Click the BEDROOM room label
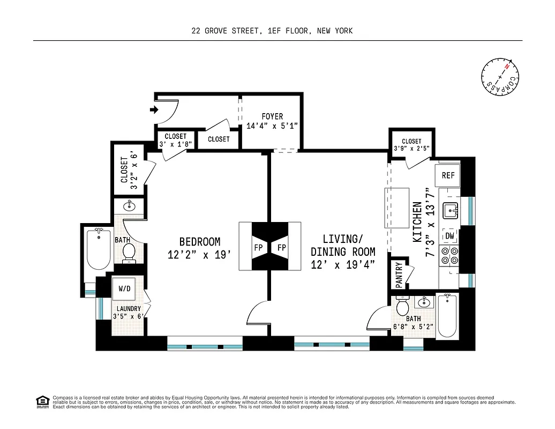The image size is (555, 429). pos(200,242)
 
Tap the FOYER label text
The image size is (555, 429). pos(272,116)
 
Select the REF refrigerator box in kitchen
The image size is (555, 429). pos(448,175)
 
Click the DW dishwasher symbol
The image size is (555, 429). pos(448,235)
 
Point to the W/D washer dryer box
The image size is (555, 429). pos(124,289)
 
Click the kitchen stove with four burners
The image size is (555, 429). pos(448,255)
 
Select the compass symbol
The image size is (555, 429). pos(500,77)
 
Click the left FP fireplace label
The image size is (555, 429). pos(259,248)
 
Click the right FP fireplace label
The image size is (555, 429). pos(281,248)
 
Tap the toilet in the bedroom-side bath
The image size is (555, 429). pos(129,252)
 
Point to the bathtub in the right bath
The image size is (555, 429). pos(446,317)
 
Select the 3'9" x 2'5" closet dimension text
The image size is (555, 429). pos(411,149)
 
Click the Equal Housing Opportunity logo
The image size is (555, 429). pos(41,401)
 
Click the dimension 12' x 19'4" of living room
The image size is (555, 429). pos(343,264)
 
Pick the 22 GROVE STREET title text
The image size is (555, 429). pos(226,31)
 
